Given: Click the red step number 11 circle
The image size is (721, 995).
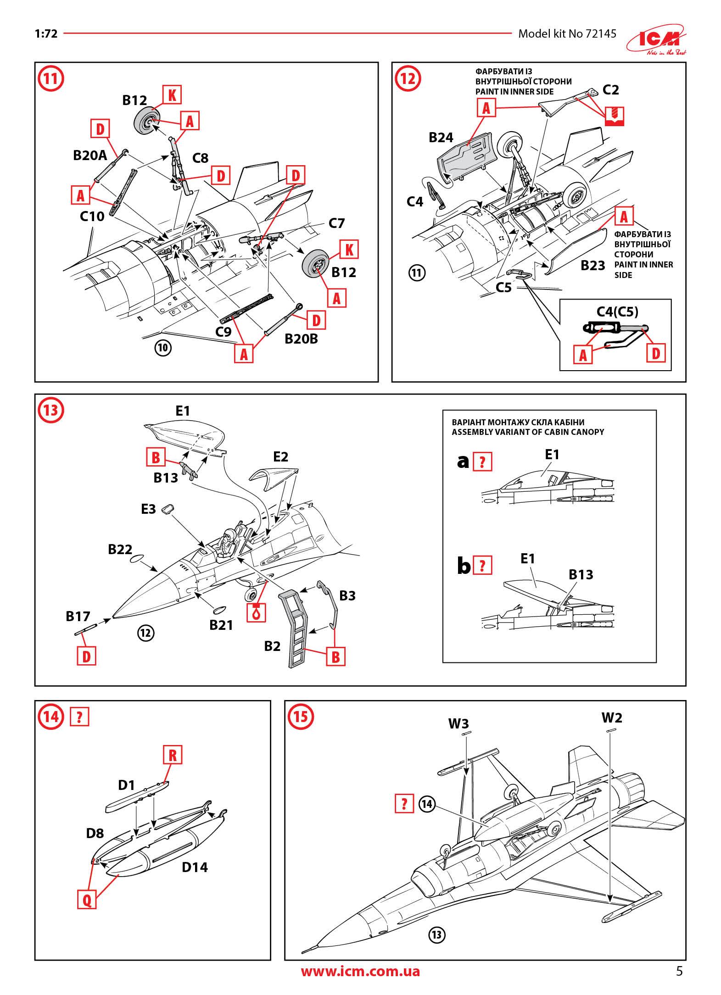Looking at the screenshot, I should [x=50, y=78].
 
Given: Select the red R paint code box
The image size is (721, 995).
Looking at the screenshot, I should [x=173, y=755].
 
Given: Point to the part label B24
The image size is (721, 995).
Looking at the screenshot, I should [x=441, y=138].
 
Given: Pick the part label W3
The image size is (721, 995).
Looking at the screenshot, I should [x=458, y=723].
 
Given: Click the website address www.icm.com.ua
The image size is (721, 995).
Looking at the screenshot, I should [x=360, y=971].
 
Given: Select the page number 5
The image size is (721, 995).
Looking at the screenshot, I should [x=679, y=971].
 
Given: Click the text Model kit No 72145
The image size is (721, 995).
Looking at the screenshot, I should [x=567, y=33].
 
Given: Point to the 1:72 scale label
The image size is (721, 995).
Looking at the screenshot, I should [x=46, y=33].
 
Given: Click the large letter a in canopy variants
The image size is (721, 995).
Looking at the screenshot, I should [x=463, y=461].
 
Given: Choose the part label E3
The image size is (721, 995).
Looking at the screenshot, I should [x=148, y=509].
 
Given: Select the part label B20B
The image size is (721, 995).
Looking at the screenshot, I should [x=302, y=339].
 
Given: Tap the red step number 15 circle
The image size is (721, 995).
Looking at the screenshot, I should [x=300, y=717].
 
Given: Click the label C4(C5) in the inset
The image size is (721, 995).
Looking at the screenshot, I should [x=617, y=312].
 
